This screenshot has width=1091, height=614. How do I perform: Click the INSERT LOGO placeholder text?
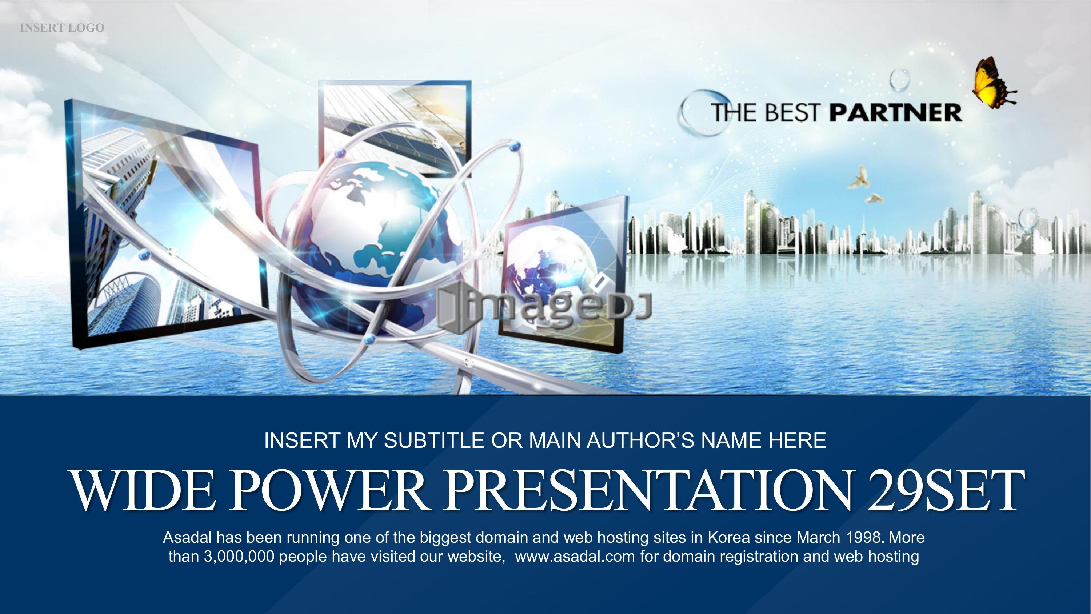[62, 28]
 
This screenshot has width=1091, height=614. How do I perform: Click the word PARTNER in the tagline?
[895, 112]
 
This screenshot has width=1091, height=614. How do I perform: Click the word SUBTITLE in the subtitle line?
[434, 441]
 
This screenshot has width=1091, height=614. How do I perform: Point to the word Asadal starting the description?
[187, 538]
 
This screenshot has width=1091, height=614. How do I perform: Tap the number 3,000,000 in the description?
[240, 557]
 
